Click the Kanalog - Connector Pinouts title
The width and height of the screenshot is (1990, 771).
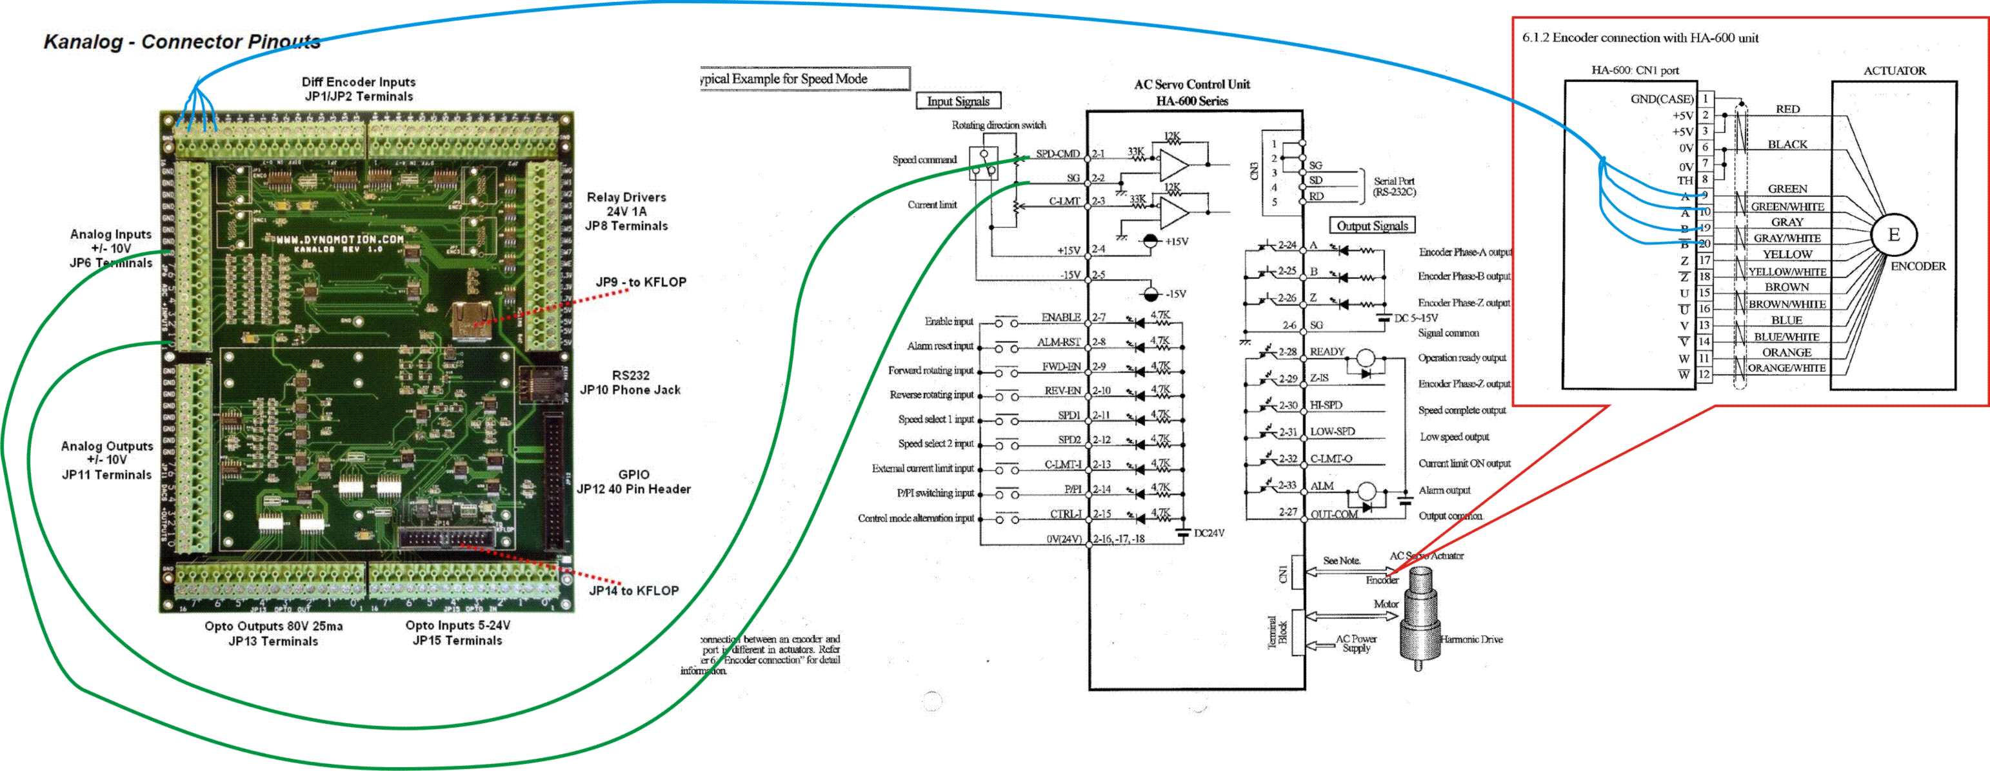181,42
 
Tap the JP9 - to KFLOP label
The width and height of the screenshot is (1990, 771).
641,283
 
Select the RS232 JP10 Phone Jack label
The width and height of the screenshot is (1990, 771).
630,383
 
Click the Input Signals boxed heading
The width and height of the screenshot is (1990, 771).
958,101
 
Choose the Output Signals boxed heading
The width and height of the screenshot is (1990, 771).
1372,226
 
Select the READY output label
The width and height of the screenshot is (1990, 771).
1326,352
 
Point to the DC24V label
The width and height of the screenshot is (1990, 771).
1209,533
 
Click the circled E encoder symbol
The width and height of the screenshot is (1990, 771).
1893,235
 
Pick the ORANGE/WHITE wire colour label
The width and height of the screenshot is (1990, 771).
1786,368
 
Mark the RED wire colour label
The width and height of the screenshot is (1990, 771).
1787,110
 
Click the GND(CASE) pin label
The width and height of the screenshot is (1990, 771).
1662,99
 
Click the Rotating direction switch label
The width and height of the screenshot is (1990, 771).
998,125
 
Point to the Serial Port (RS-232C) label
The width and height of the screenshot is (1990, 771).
1395,186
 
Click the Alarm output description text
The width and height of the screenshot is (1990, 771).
1444,490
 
